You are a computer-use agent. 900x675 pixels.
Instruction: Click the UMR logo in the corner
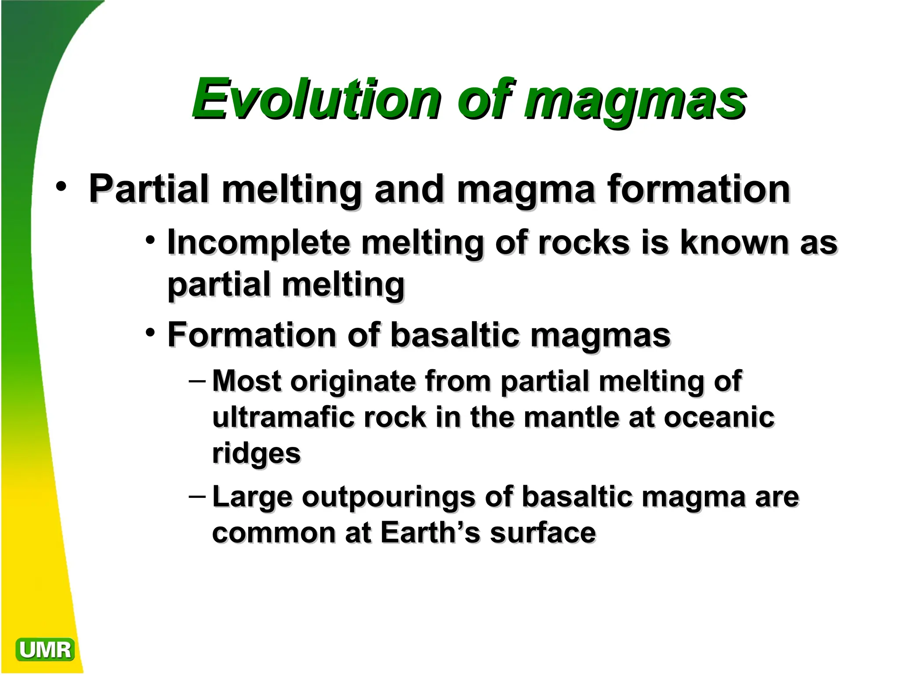pyautogui.click(x=45, y=650)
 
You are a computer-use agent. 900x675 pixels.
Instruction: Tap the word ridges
pyautogui.click(x=256, y=454)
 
